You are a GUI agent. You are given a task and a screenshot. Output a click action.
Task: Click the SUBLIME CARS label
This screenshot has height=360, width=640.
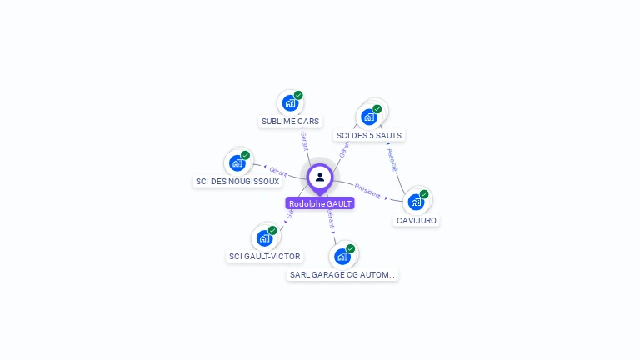[x=290, y=121]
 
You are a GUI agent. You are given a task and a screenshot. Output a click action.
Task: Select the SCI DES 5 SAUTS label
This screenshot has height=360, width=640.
[x=369, y=135]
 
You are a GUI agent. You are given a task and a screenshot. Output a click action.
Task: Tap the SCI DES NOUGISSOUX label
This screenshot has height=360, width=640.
[x=237, y=181]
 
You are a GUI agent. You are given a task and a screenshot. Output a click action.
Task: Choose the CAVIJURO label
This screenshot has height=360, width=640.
[x=417, y=220]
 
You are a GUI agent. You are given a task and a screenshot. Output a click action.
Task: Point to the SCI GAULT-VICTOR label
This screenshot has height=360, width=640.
[x=265, y=256]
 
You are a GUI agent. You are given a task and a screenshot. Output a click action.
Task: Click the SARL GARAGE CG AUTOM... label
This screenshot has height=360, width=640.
[x=342, y=274]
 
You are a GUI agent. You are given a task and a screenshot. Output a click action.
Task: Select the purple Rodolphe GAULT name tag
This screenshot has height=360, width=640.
[x=320, y=203]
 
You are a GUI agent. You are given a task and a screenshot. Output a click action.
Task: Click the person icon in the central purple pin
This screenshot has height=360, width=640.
[x=320, y=177]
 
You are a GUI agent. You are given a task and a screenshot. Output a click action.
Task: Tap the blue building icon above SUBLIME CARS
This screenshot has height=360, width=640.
[x=289, y=103]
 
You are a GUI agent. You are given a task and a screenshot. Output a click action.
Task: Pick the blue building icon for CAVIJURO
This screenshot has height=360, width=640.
[x=415, y=202]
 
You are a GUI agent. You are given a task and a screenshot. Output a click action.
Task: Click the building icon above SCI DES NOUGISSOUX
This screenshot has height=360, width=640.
[x=237, y=162]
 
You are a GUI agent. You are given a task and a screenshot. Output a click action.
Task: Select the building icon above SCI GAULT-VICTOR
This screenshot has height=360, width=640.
[x=264, y=238]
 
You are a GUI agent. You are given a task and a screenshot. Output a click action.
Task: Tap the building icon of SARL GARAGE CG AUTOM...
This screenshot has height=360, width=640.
[x=342, y=256]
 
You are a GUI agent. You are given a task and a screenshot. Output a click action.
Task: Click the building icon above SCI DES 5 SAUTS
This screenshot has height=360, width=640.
[x=369, y=117]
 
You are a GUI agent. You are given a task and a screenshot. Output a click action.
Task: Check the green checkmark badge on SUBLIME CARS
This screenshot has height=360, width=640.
[x=298, y=95]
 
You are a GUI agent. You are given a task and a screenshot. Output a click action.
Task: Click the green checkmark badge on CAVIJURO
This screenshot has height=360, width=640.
[x=424, y=194]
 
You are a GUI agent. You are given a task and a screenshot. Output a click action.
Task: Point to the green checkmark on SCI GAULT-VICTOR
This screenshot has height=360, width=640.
[x=272, y=230]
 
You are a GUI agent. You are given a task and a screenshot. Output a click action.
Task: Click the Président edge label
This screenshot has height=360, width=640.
[x=367, y=190]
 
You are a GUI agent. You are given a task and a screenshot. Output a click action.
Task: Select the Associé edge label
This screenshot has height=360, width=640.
[x=392, y=159]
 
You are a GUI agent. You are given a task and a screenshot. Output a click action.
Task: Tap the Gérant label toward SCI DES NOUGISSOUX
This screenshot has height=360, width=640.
[x=278, y=172]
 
